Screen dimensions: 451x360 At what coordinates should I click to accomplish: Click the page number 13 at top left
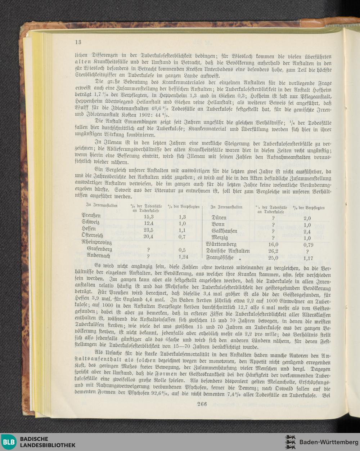click(x=78, y=41)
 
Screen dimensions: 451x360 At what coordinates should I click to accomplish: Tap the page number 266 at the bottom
click(x=202, y=403)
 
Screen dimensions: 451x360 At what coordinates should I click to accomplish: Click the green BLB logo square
click(x=9, y=442)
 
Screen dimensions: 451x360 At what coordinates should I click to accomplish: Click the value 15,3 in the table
click(x=149, y=216)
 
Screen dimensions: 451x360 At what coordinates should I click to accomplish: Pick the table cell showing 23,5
click(x=149, y=230)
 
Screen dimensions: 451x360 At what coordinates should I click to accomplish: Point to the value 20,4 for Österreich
click(x=149, y=237)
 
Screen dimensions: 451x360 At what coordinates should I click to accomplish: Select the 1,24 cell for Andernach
click(x=183, y=256)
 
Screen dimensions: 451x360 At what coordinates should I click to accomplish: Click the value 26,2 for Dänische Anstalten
click(x=273, y=251)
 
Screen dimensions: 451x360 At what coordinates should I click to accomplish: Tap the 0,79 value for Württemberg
click(x=309, y=244)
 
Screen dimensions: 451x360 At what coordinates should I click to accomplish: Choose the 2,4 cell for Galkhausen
click(x=307, y=231)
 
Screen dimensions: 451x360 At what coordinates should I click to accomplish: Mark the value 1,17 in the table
click(x=309, y=258)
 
